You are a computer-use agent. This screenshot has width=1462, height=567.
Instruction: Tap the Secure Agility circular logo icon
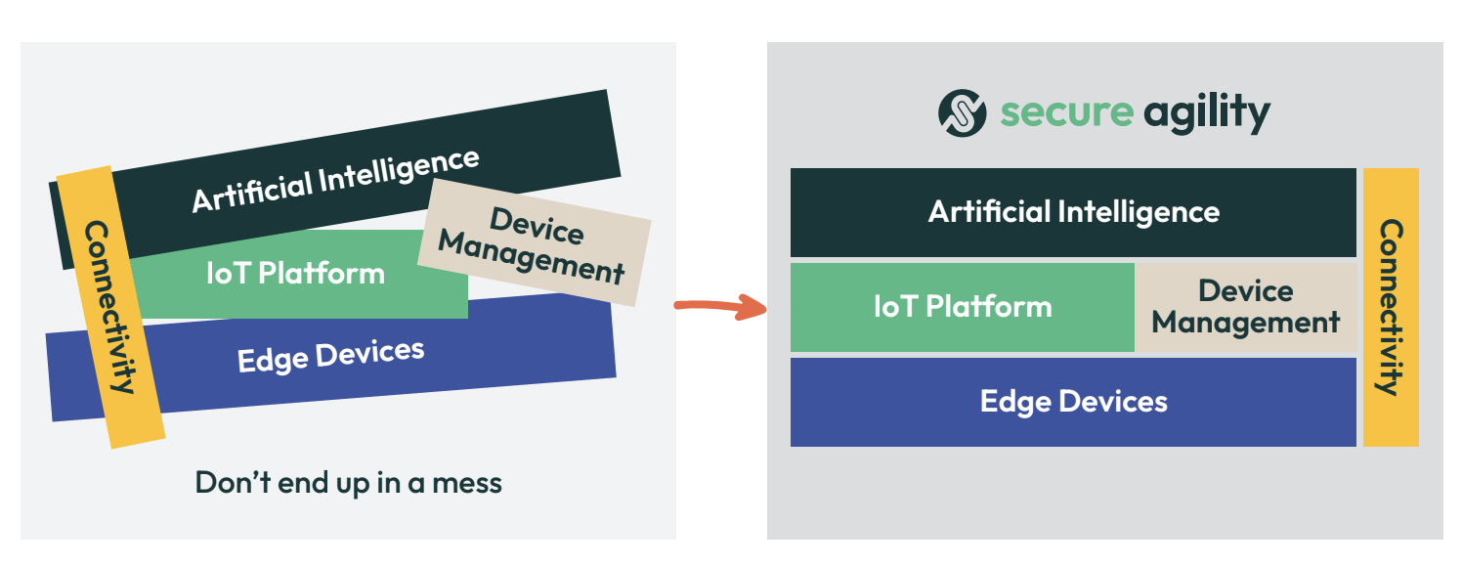click(962, 112)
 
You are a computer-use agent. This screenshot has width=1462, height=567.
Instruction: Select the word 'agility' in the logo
click(1206, 113)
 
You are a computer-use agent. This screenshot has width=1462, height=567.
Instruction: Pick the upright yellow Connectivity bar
click(1390, 307)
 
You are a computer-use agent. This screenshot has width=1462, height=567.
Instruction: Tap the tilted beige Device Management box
click(534, 242)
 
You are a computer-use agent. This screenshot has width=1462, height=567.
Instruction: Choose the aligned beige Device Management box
click(1245, 307)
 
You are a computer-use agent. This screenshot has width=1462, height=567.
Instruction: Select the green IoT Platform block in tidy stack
click(962, 307)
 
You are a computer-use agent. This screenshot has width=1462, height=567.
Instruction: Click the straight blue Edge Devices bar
click(1073, 402)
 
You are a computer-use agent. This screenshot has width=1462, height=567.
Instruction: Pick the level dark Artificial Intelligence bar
click(1073, 212)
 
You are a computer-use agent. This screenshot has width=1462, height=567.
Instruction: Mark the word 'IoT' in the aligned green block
click(897, 307)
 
